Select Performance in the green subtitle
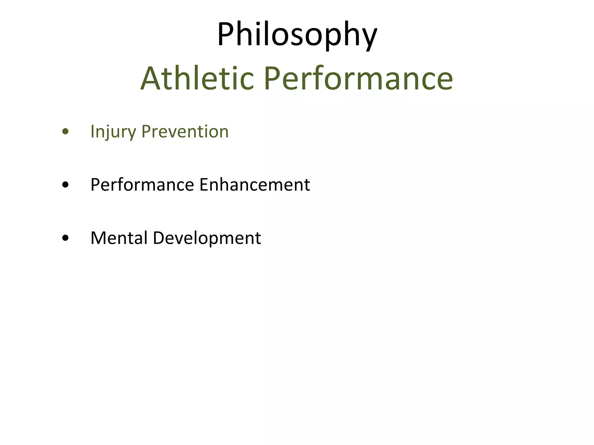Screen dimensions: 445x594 [358, 79]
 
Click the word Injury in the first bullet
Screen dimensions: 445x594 [113, 132]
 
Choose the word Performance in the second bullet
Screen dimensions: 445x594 [142, 185]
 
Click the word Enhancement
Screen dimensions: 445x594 [255, 185]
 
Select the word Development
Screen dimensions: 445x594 [207, 238]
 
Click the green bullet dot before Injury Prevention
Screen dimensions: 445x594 [66, 132]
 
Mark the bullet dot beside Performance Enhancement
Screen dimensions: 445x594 [66, 185]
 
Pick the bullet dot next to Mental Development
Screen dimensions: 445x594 [66, 238]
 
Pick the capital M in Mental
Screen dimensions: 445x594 [99, 238]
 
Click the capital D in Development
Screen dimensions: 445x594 [159, 238]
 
